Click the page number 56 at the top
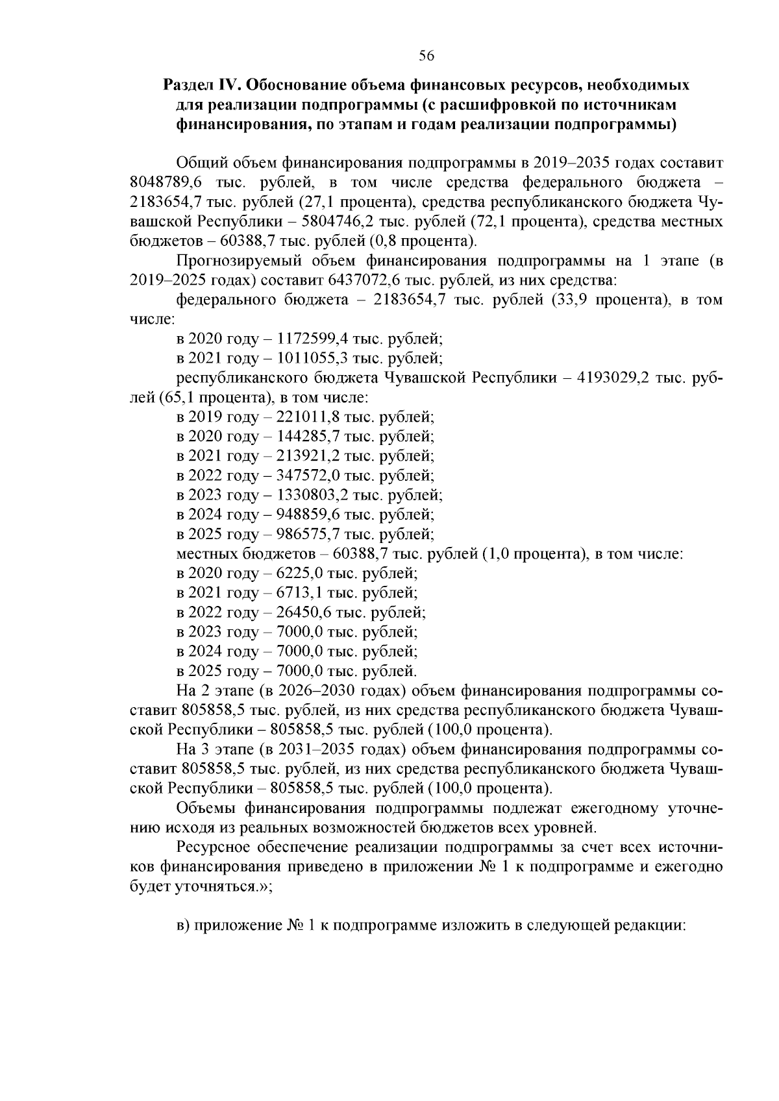point(426,56)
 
